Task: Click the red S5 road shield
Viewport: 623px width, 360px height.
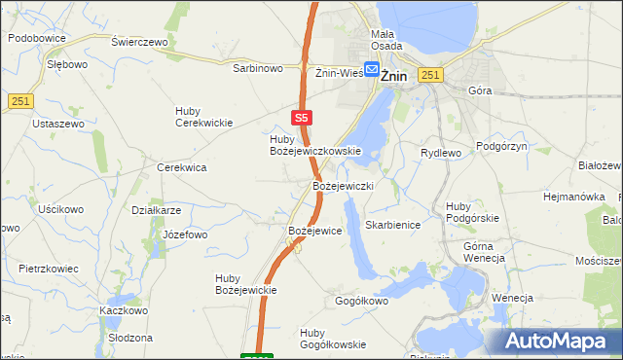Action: click(302, 117)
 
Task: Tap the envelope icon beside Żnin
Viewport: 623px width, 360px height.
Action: click(371, 70)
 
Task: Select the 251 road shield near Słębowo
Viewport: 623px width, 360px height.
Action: click(21, 101)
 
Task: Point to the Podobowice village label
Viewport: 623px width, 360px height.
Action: click(36, 38)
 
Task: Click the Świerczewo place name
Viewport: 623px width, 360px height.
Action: click(139, 43)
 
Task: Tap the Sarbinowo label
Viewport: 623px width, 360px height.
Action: click(257, 69)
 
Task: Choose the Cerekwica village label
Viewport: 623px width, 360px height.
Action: click(182, 167)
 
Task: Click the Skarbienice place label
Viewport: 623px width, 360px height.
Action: click(391, 225)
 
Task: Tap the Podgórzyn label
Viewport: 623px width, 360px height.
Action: click(501, 145)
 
